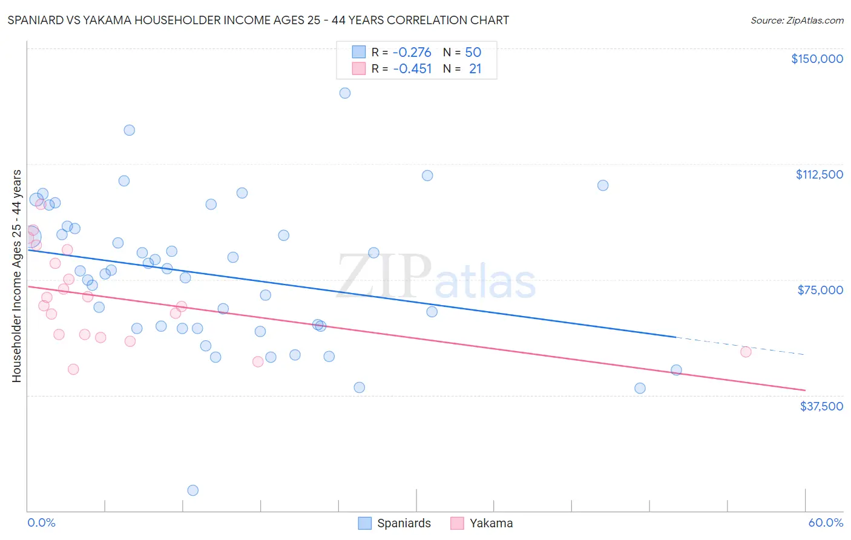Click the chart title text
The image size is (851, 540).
point(258,20)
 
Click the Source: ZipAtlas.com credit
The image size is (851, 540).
point(797,21)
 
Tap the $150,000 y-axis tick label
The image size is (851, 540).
point(816,59)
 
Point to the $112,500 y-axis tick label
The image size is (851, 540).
point(819,174)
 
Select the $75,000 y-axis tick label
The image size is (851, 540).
point(820,290)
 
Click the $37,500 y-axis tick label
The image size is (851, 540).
point(821,406)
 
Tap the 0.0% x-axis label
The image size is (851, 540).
point(41,522)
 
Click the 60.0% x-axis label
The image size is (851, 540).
point(825,522)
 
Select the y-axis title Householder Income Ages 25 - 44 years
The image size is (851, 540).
point(16,276)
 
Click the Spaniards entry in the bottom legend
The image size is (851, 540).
point(403,523)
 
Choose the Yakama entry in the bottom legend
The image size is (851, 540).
point(490,523)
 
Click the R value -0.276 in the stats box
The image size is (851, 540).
point(412,53)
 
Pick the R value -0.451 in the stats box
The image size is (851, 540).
point(412,69)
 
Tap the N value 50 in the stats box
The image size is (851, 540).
point(473,53)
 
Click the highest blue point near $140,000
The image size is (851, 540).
point(345,93)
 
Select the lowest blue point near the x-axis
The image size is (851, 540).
point(193,490)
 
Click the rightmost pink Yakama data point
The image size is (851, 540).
point(746,352)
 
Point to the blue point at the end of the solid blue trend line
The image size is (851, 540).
point(676,370)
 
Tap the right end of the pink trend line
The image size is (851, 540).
point(804,390)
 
